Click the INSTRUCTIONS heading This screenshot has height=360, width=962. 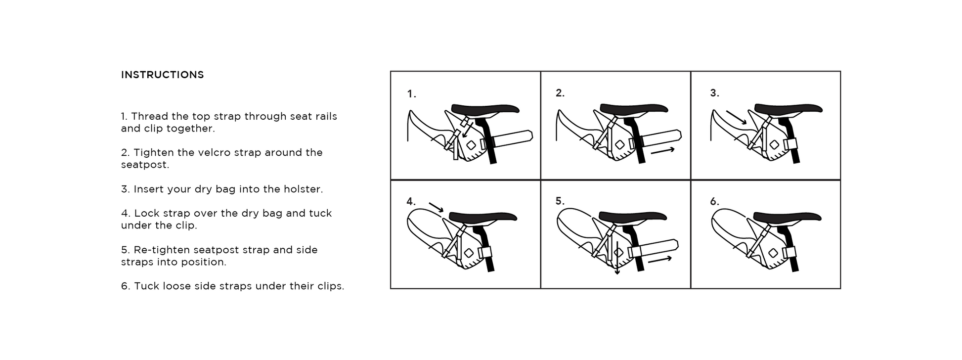162,75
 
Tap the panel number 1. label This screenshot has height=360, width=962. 411,93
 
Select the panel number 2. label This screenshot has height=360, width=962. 560,93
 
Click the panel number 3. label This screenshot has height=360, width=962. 714,93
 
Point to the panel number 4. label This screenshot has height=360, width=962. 411,202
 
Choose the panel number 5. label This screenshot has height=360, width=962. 560,201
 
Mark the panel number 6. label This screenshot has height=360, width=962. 714,202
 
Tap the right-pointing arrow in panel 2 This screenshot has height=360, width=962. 662,150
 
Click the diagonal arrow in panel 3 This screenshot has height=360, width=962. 737,118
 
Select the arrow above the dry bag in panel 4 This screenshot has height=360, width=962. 436,207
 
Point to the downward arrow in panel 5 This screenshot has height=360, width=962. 617,258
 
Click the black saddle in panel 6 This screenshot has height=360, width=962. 787,217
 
